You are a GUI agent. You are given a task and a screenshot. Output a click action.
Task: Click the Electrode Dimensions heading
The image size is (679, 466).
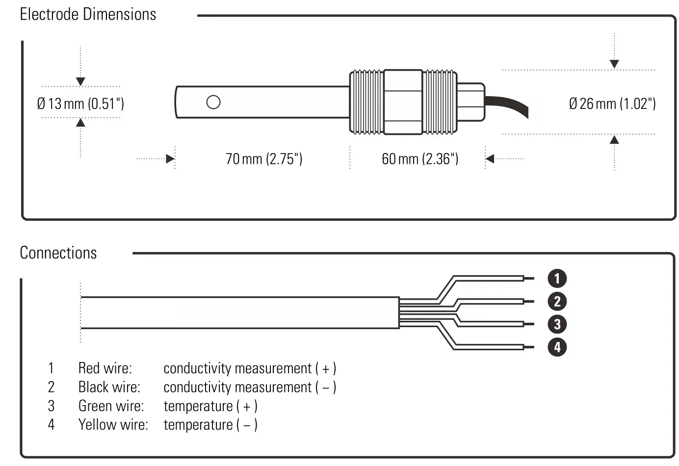coord(88,14)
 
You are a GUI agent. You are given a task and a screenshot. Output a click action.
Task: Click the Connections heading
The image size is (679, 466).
coord(58,253)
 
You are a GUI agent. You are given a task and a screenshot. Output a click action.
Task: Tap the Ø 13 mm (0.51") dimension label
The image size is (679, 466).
coord(80,104)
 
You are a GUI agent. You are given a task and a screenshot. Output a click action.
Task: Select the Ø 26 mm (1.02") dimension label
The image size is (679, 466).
coord(612,104)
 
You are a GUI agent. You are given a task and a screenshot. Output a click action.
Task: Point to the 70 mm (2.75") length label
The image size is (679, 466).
coord(264,159)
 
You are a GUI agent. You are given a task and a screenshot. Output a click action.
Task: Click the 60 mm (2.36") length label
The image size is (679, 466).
coord(420,159)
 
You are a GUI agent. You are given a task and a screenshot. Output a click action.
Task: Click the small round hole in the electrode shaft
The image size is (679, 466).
coord(213,102)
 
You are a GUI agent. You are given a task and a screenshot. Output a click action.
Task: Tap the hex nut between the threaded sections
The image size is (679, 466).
coord(403,102)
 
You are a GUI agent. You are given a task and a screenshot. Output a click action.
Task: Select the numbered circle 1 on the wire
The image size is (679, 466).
coord(557,279)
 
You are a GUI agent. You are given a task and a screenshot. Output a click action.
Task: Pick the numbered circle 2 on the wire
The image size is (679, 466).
coord(557,301)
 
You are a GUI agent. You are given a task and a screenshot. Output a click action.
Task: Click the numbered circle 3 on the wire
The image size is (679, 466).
coord(557,324)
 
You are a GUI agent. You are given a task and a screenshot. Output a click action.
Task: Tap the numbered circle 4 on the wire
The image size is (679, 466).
coord(557,347)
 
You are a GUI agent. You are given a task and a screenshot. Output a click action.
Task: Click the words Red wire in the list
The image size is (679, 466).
coord(105,368)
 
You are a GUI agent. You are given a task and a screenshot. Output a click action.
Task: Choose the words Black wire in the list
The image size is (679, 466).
coord(109,387)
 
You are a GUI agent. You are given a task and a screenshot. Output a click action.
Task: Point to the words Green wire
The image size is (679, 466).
coord(111,406)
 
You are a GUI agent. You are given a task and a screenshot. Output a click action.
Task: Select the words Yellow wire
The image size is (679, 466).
coord(113,424)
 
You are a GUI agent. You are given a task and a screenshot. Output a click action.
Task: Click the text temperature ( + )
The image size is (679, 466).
coord(210,406)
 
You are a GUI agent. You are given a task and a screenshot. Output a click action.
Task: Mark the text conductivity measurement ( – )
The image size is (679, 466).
coord(250,387)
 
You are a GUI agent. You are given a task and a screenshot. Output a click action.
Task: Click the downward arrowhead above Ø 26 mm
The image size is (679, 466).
coord(614,64)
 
